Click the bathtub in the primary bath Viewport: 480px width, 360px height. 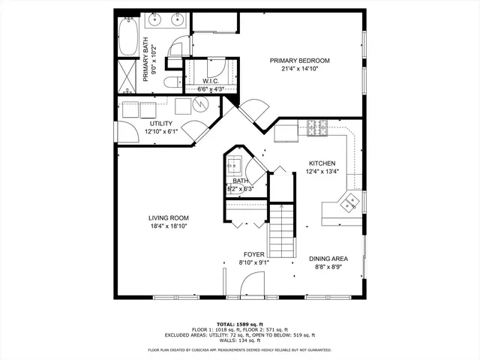[x=127, y=37]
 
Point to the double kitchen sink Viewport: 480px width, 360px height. [x=349, y=201]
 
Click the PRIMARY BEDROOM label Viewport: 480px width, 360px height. [x=299, y=61]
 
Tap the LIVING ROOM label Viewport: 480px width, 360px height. [x=168, y=218]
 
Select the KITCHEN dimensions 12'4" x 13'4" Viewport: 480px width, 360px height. [x=322, y=171]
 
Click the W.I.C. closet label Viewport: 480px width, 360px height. [x=211, y=81]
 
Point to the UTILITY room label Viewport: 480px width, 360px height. [x=161, y=124]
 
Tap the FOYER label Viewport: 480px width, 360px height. [x=254, y=254]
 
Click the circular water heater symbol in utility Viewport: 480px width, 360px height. [x=198, y=106]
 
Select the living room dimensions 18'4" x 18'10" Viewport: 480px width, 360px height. [x=168, y=226]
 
